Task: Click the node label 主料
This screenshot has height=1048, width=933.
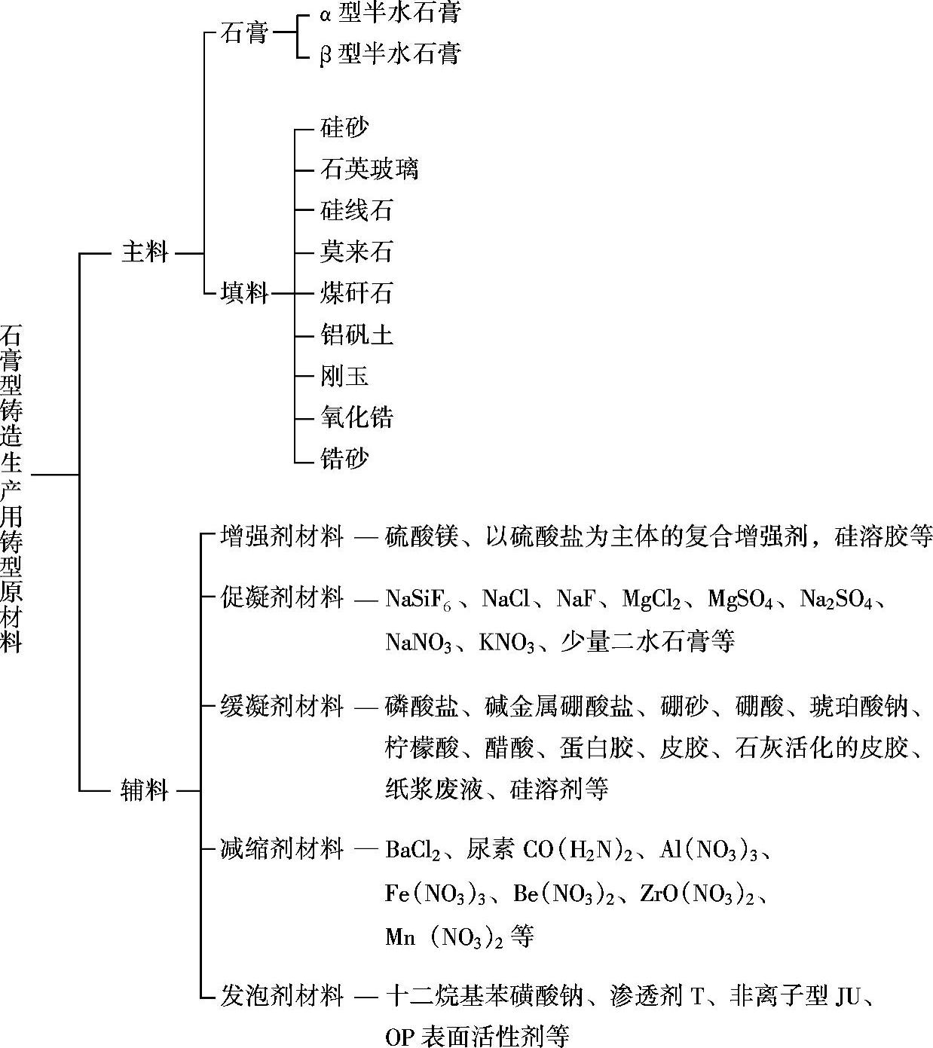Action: click(x=145, y=252)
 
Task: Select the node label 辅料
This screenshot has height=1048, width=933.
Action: click(x=145, y=790)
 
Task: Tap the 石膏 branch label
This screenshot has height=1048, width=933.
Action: click(x=244, y=33)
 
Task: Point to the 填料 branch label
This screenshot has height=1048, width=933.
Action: click(x=244, y=293)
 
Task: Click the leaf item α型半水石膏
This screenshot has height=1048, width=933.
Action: click(x=389, y=13)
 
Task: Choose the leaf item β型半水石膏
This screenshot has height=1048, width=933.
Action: click(x=389, y=54)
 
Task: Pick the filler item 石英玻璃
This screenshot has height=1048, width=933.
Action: click(x=369, y=169)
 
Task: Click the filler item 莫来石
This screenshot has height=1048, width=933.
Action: click(x=356, y=252)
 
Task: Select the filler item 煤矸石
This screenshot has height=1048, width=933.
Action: click(x=356, y=293)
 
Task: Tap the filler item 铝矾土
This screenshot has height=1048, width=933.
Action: click(x=356, y=335)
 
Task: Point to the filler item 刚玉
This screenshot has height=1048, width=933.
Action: click(x=344, y=376)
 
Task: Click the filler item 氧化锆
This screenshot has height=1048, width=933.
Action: click(x=356, y=417)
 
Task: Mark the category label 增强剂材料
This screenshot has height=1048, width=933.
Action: click(x=282, y=537)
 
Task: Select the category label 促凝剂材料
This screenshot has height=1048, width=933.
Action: click(x=282, y=598)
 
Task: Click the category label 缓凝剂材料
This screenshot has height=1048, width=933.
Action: click(x=282, y=707)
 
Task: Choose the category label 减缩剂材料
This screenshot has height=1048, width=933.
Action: click(x=282, y=850)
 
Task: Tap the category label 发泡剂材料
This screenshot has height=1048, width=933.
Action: click(x=282, y=996)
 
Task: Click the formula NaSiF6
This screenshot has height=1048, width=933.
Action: click(x=418, y=600)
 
